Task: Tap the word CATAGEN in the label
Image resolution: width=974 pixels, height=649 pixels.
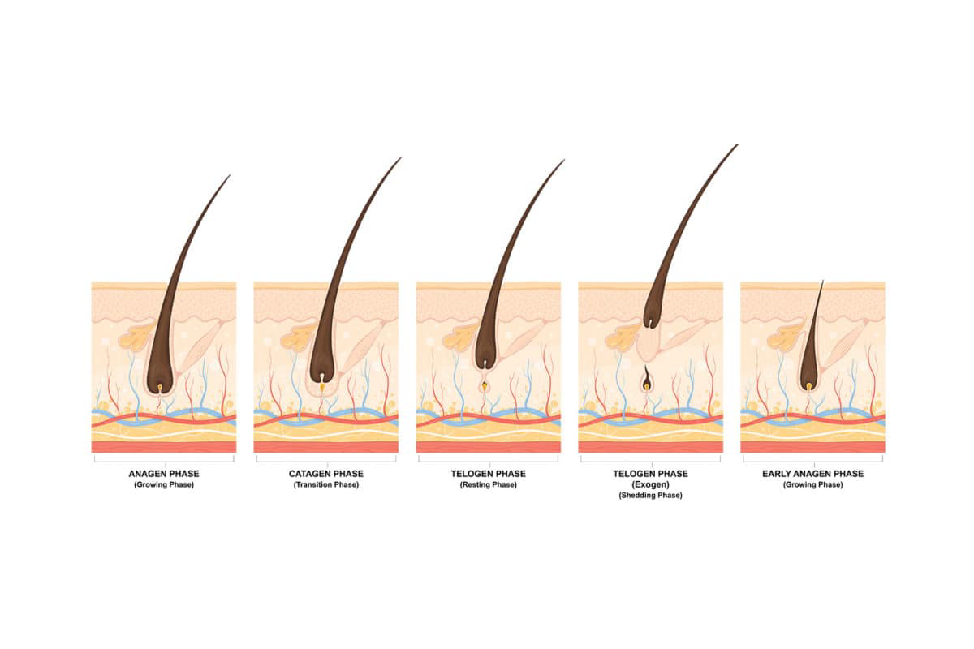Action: (x=308, y=474)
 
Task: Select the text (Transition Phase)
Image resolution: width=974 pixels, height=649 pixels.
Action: (x=326, y=484)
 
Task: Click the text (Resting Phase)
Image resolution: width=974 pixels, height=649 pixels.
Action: (x=489, y=484)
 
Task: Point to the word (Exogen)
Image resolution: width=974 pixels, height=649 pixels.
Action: (x=650, y=484)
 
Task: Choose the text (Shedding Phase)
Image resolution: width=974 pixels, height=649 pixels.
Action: (x=650, y=496)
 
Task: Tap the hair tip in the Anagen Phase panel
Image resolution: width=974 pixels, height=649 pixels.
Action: (x=230, y=175)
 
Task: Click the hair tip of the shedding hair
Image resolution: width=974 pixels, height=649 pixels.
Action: (x=738, y=144)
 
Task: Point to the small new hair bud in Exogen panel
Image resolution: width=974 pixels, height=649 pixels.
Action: (x=647, y=379)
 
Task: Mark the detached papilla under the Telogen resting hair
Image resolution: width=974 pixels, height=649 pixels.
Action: (x=485, y=385)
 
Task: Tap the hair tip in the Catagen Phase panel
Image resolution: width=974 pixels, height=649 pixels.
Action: (x=400, y=158)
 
